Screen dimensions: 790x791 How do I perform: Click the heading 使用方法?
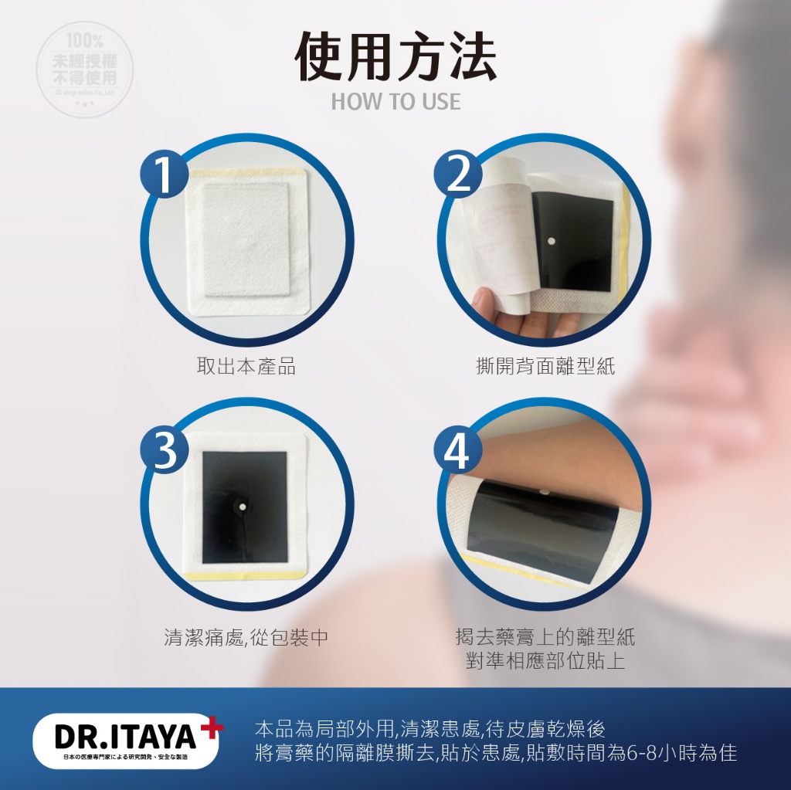(x=395, y=59)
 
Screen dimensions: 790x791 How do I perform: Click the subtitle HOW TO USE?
(x=395, y=101)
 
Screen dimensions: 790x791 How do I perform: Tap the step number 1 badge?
(x=165, y=175)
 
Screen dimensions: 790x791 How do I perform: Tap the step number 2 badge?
(x=459, y=175)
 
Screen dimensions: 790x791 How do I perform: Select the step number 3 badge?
(x=165, y=451)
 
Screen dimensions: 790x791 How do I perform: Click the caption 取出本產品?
(x=246, y=366)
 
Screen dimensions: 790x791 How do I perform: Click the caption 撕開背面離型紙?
(x=545, y=366)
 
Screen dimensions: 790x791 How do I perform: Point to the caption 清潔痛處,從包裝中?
(x=246, y=638)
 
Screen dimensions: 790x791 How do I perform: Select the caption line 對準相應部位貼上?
(x=545, y=661)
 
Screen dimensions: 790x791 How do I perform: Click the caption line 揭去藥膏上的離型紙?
(x=545, y=638)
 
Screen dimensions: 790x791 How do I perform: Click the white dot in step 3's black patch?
(x=241, y=507)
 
